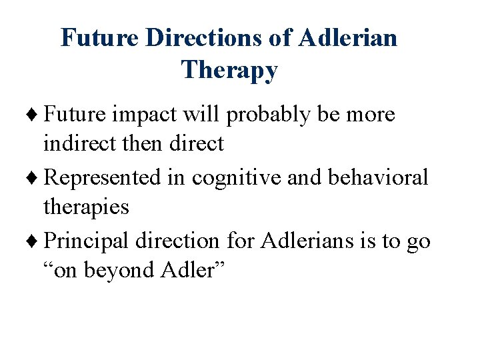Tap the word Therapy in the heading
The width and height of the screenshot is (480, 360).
[229, 69]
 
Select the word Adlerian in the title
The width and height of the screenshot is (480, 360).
[348, 38]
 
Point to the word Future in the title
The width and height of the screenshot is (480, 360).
[100, 38]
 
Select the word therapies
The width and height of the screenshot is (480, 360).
[86, 207]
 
